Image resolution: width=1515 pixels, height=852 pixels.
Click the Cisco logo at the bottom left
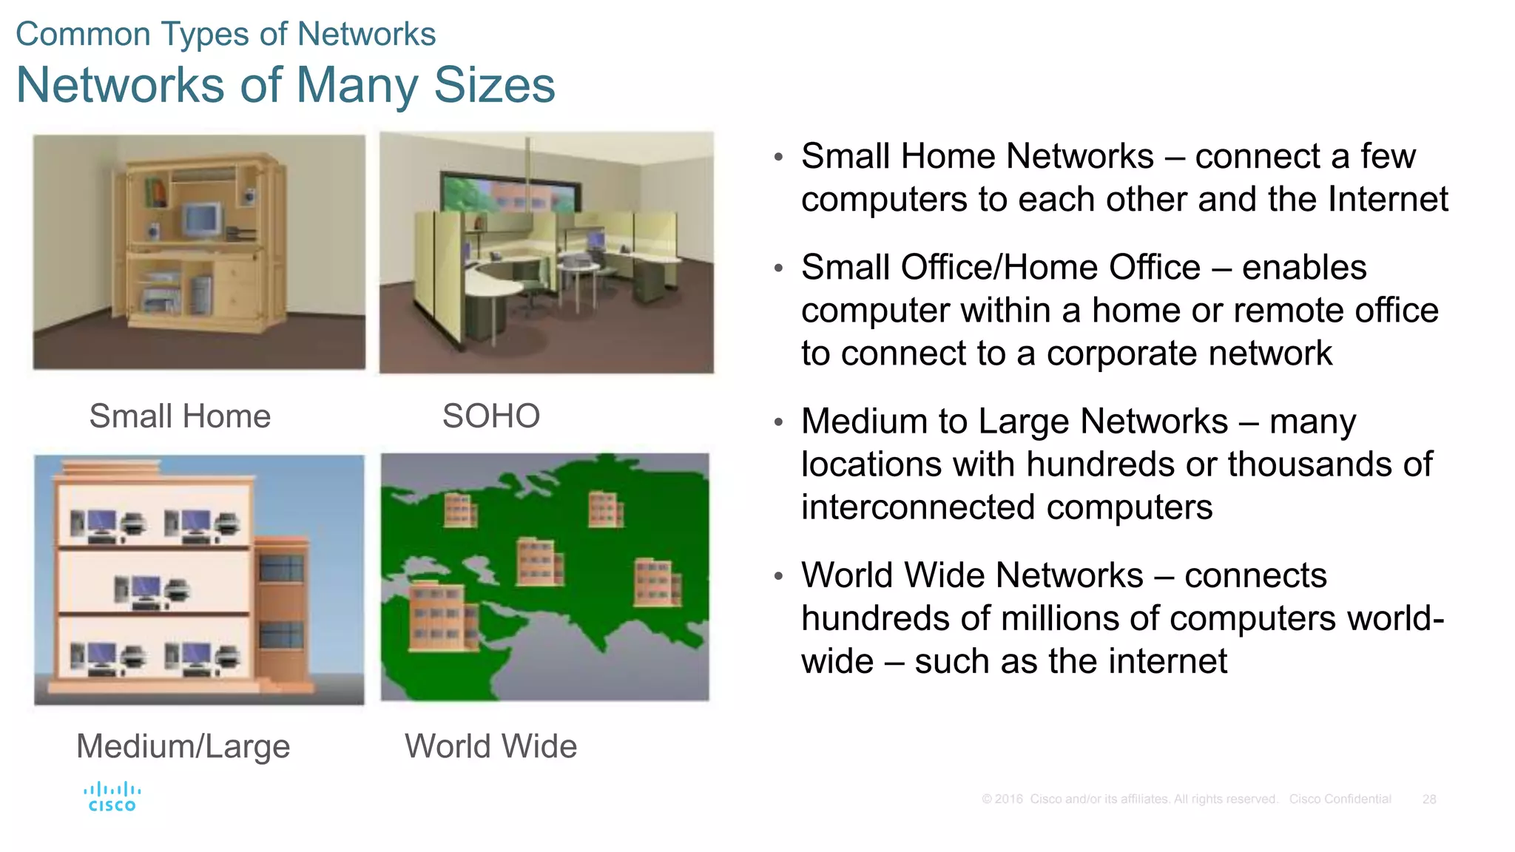point(112,797)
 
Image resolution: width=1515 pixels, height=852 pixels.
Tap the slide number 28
point(1429,799)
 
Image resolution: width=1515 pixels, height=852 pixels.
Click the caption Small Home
point(180,416)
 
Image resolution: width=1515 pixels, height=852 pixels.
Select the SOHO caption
point(491,416)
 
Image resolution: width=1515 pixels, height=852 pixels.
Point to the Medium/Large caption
point(183,746)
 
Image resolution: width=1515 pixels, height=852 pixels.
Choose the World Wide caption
point(490,746)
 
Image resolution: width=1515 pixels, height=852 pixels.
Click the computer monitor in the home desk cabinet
point(203,220)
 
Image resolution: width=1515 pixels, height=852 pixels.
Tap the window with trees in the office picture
point(507,194)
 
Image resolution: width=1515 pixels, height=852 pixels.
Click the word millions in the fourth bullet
point(1073,618)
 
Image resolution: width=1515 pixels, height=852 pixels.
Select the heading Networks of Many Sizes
point(286,85)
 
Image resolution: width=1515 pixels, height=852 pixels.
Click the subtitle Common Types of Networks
point(226,34)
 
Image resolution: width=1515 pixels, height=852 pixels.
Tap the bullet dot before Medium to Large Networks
point(778,422)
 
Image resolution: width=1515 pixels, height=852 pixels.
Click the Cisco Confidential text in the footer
point(1340,799)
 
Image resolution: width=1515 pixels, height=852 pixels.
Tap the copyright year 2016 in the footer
point(1008,799)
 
